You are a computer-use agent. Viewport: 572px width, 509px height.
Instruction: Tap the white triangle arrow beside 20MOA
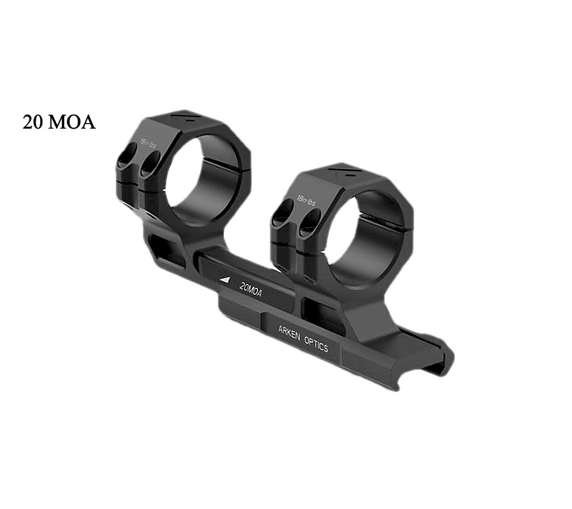(225, 279)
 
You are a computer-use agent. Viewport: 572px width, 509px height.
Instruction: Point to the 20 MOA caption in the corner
(57, 122)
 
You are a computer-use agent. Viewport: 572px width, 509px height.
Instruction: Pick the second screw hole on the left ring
(150, 163)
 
